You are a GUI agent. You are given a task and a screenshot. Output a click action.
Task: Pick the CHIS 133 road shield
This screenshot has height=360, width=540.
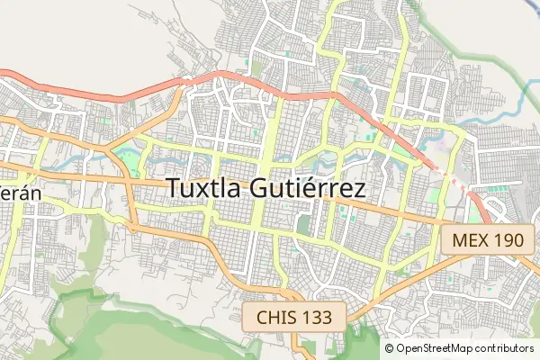tap(293, 317)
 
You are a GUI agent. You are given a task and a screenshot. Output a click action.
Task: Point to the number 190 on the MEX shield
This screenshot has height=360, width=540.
tap(505, 240)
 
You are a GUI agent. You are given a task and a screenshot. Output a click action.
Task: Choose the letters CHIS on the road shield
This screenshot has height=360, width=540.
tap(275, 317)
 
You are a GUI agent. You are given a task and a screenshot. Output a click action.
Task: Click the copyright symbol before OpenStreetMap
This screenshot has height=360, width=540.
tap(390, 348)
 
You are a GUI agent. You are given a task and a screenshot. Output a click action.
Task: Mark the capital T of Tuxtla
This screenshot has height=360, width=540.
tap(175, 189)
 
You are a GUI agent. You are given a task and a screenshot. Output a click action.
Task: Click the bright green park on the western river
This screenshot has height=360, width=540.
tap(128, 162)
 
